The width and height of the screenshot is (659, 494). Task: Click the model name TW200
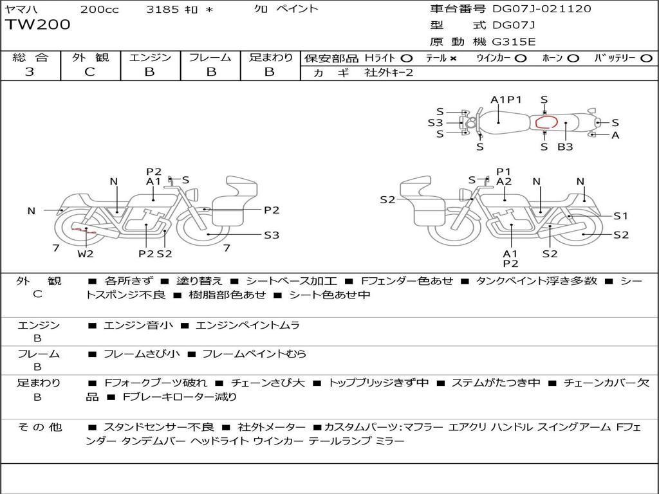tap(37, 24)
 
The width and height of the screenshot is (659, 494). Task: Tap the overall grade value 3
tap(30, 72)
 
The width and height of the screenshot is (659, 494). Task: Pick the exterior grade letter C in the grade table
tap(89, 72)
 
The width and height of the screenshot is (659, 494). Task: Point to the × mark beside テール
tap(452, 59)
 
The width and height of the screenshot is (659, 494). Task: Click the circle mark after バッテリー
tap(646, 59)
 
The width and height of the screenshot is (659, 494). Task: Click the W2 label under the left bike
tap(86, 253)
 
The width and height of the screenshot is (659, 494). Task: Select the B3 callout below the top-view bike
tap(565, 147)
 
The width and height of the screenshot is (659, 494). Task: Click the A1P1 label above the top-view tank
tap(506, 100)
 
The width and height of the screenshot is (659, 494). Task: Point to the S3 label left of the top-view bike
tap(436, 123)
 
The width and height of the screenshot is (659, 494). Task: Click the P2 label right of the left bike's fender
tap(272, 210)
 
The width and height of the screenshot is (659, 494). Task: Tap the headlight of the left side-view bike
tap(193, 195)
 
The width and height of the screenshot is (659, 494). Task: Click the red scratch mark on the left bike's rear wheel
tap(84, 230)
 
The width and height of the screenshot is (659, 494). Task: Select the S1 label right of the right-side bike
tap(620, 216)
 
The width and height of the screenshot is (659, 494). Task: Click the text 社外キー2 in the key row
tap(389, 73)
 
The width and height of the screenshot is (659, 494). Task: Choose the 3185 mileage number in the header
tap(163, 9)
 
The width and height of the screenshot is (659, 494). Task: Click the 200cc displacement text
tap(100, 9)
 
